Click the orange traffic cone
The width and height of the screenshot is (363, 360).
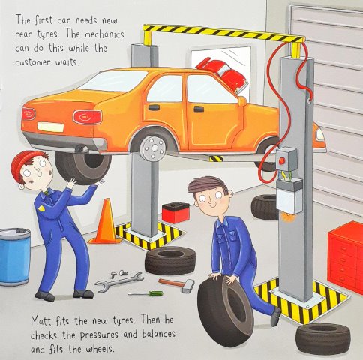[106, 223]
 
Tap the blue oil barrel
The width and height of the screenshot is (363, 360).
[15, 256]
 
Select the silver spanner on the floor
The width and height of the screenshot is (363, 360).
[119, 282]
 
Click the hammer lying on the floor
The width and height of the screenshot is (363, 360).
[178, 284]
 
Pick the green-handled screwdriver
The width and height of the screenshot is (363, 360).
[145, 293]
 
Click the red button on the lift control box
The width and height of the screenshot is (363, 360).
[282, 160]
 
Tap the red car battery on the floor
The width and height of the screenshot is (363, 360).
[175, 212]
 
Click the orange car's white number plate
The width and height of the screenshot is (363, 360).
[50, 127]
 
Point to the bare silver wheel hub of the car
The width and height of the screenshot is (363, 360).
[153, 148]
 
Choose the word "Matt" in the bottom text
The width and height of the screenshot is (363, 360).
[41, 320]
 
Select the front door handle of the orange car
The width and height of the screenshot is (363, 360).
[199, 109]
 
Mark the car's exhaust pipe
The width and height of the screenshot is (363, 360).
[82, 150]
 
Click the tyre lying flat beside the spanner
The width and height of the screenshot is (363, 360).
[170, 260]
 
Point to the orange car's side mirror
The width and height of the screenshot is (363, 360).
[242, 101]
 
